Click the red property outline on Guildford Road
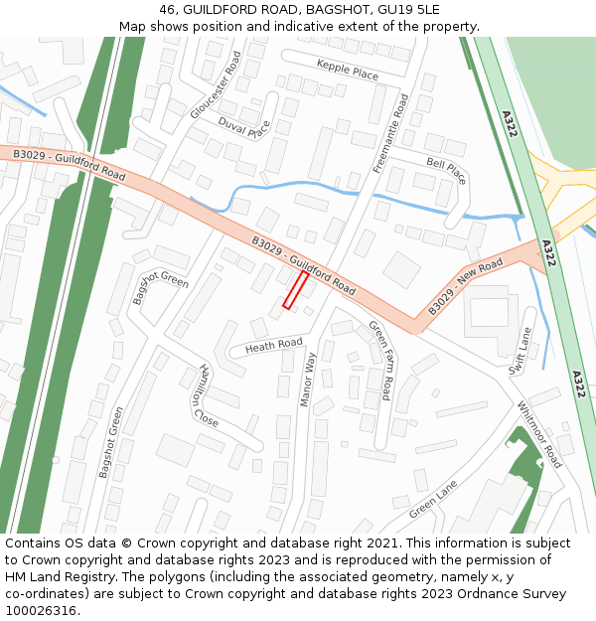tap(295, 289)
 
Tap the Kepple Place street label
tap(348, 69)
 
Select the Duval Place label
tap(244, 128)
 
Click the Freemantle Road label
tap(390, 134)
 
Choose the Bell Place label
tap(446, 171)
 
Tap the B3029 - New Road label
tap(466, 287)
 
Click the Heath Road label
tap(274, 345)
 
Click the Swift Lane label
tap(521, 352)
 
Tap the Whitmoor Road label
tap(538, 434)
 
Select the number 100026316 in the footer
tap(43, 611)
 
